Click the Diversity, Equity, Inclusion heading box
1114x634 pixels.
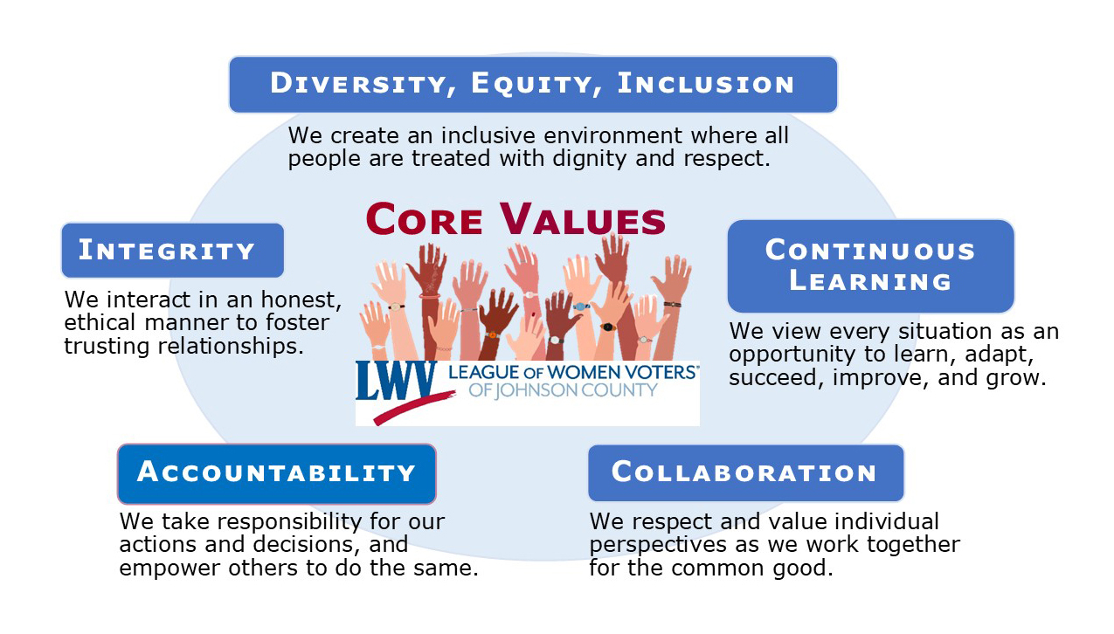[533, 85]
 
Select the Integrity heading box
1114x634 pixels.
[172, 251]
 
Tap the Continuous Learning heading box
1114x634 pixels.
[870, 265]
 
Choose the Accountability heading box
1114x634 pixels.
[276, 473]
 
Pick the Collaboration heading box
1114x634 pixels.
[744, 473]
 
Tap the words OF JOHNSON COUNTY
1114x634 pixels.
[563, 390]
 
